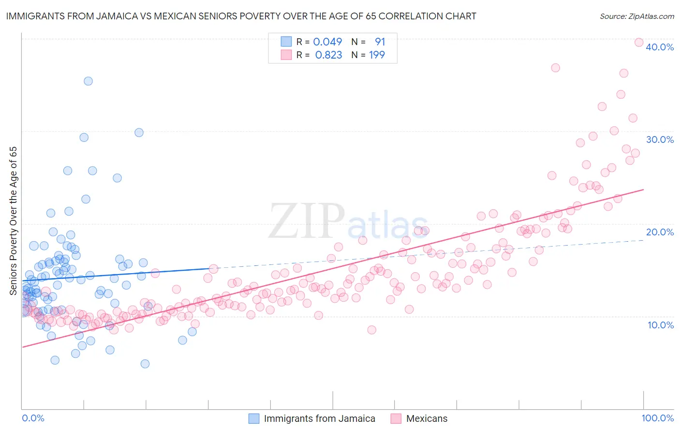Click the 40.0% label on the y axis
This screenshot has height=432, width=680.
(660, 47)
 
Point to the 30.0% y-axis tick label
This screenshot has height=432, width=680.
(660, 139)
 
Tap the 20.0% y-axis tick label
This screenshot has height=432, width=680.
(660, 232)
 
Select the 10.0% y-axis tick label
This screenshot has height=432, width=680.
(661, 325)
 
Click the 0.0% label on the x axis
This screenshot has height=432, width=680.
(33, 418)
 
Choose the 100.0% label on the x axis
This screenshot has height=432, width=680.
(657, 418)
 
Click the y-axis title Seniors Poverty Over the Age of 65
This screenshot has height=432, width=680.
(13, 221)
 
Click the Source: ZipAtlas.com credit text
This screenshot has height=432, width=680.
(636, 16)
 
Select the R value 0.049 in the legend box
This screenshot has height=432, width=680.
(327, 42)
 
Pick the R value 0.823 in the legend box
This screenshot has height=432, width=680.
(328, 55)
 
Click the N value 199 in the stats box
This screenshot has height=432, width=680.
(377, 55)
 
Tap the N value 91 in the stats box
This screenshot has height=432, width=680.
(380, 42)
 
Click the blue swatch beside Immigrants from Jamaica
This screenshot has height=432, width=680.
(254, 418)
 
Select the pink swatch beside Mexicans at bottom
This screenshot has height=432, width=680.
(396, 418)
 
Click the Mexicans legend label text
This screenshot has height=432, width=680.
(427, 418)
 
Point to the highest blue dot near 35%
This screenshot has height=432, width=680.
(88, 81)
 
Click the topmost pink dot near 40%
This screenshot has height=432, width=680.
(638, 43)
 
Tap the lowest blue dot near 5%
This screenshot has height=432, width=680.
(145, 364)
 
